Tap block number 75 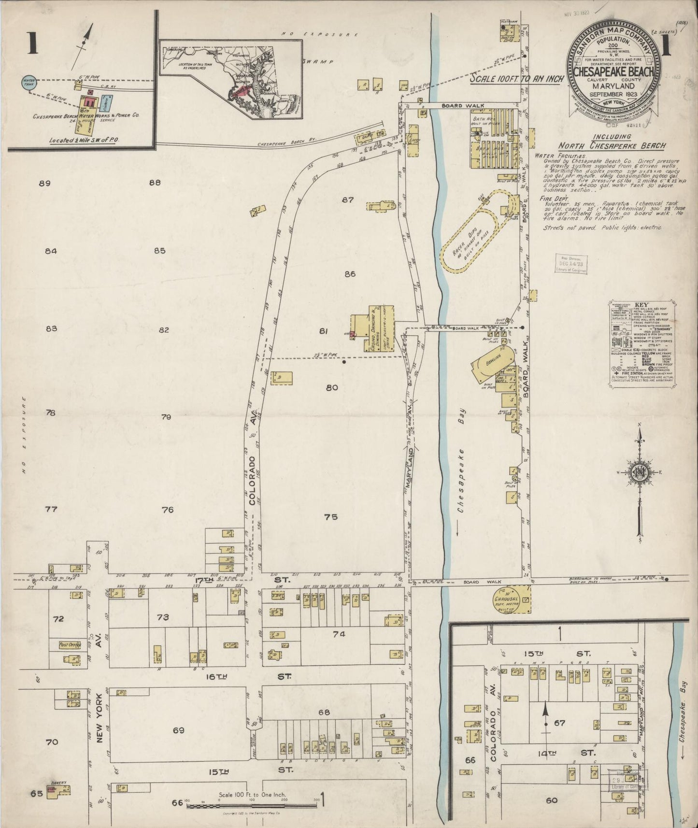tap(330, 517)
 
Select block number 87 tap(347, 200)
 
